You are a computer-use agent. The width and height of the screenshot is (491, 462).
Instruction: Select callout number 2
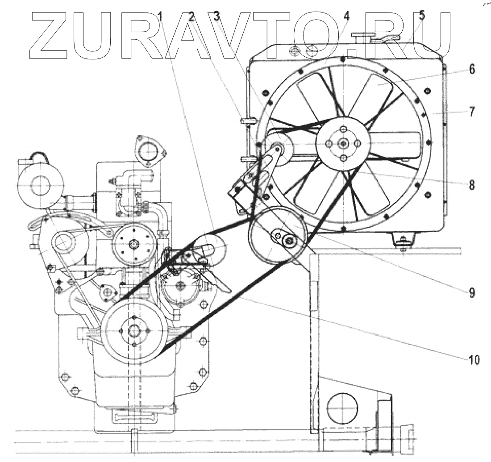coord(192,17)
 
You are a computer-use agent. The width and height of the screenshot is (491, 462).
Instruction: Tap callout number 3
coord(217,17)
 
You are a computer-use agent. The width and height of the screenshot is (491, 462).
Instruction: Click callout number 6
coord(472,69)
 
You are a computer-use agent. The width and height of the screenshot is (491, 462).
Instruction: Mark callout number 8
coord(472,184)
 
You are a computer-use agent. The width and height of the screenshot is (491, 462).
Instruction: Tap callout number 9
coord(472,293)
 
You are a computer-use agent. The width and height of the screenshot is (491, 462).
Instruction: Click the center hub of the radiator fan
coord(343,143)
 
